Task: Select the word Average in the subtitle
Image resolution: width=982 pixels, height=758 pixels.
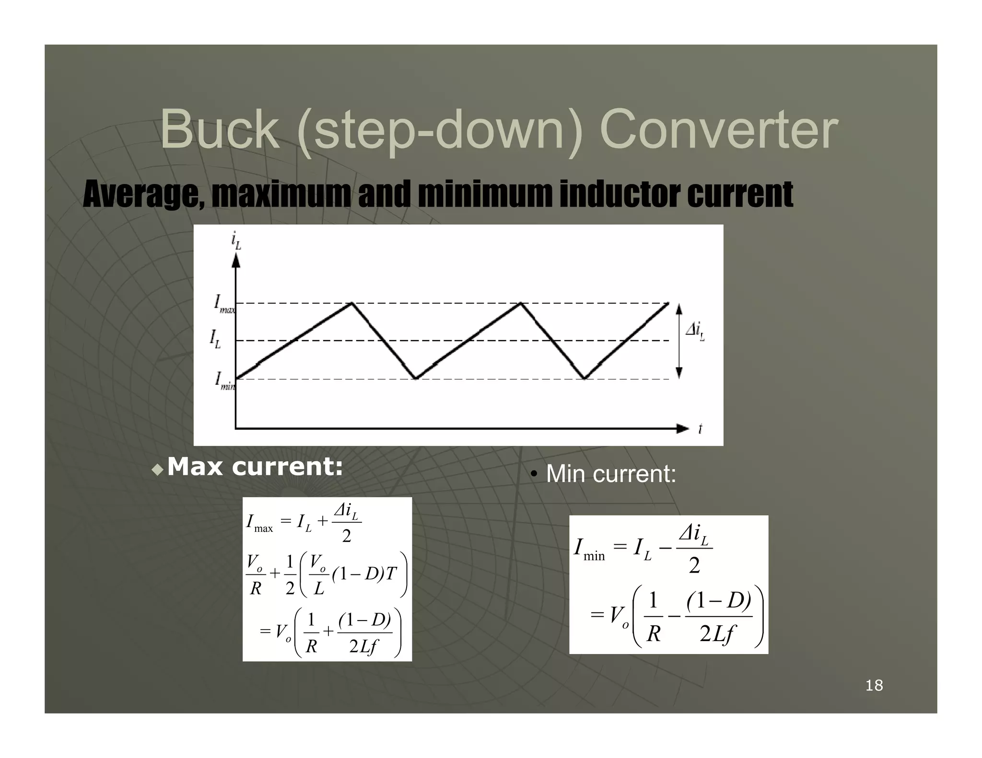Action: [143, 195]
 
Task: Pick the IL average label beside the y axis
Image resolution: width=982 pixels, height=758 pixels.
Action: [215, 339]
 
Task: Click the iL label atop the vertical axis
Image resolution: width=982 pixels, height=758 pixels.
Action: [236, 240]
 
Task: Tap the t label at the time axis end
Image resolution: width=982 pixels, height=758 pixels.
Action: [700, 428]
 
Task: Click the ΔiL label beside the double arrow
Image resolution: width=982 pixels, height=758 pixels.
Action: [695, 330]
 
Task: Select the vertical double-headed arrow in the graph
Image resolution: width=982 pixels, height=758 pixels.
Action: [678, 341]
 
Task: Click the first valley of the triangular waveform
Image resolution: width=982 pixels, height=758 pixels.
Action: [416, 379]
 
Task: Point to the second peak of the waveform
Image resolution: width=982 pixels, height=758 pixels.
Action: [521, 303]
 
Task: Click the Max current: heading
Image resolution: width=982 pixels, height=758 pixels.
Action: [255, 467]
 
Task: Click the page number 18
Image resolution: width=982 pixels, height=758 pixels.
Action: [874, 685]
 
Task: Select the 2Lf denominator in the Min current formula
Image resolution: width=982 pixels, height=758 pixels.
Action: [716, 634]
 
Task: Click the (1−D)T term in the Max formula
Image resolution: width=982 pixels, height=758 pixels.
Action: [364, 574]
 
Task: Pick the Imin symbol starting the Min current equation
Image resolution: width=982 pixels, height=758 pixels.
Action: [589, 549]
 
